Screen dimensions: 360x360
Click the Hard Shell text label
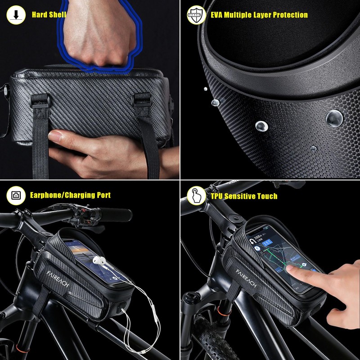49,15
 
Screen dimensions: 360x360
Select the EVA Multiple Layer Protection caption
259,15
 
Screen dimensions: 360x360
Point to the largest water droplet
334,118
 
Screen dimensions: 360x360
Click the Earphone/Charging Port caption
70,195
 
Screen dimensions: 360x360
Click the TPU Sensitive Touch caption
244,196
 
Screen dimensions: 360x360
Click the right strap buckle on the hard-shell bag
141,99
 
